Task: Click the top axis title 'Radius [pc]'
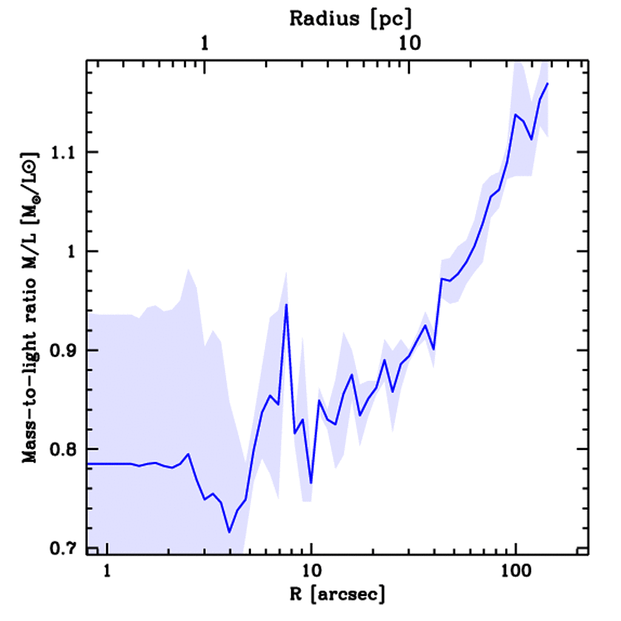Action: point(351,19)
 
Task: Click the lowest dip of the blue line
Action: point(229,532)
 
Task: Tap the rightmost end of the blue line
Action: point(548,83)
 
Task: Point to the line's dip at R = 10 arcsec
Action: point(310,483)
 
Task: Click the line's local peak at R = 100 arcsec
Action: point(515,114)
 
